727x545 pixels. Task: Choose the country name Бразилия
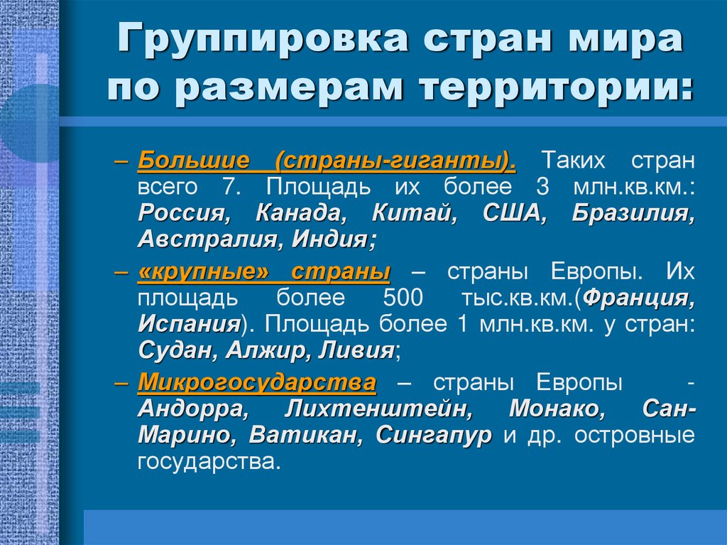(x=633, y=213)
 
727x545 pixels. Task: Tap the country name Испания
(x=188, y=325)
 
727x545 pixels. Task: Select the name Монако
(x=557, y=410)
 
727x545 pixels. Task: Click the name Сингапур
(x=433, y=436)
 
